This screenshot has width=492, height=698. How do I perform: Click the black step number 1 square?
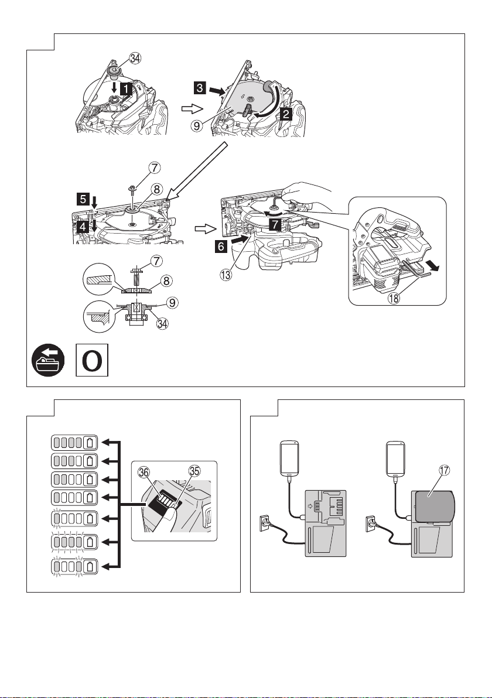tap(127, 88)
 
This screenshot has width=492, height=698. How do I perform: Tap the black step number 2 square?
tap(285, 114)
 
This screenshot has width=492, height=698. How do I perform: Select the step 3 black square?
tap(200, 88)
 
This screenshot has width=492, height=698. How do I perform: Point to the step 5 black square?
tap(83, 200)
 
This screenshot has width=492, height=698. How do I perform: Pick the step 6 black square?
tap(221, 246)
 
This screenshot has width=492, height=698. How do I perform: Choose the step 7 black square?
tap(275, 225)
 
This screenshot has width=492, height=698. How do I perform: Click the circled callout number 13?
tap(225, 275)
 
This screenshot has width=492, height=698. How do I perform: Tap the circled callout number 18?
tap(394, 298)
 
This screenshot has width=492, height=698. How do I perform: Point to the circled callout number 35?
tap(194, 471)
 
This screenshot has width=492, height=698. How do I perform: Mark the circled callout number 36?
tap(144, 474)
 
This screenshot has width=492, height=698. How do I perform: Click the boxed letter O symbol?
tap(92, 360)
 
